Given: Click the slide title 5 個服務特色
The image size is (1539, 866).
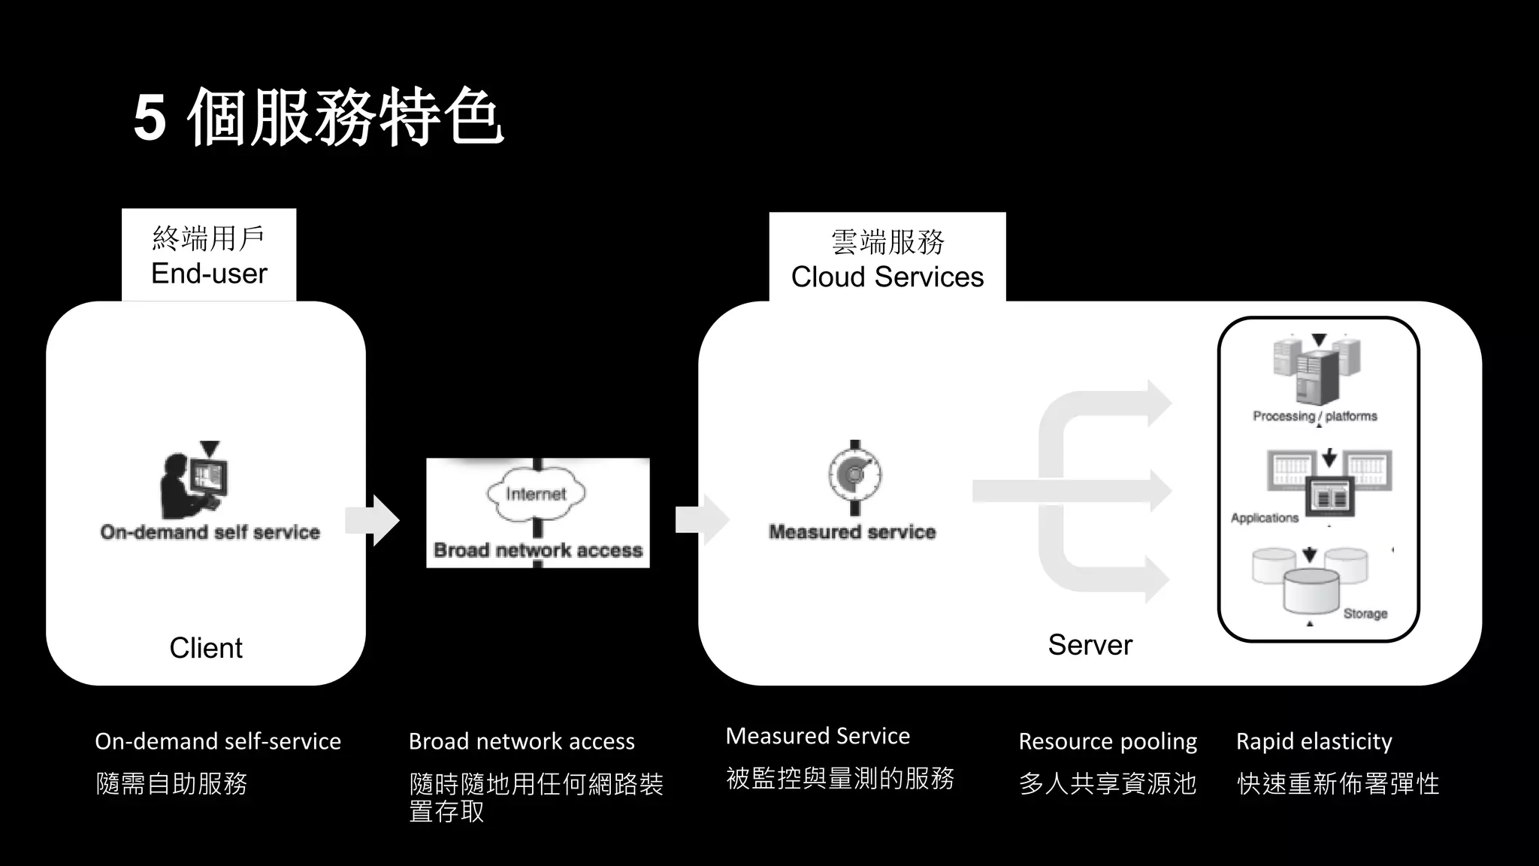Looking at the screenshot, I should [318, 118].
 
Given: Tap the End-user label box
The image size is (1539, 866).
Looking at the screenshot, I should [209, 256].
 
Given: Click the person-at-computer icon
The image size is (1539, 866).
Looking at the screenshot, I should [193, 481].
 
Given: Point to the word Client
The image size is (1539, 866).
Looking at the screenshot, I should [206, 647].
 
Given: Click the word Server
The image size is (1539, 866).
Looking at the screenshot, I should [1090, 644].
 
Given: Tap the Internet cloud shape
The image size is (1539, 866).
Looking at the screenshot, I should [536, 494].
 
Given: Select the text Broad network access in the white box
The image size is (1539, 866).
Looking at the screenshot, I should [538, 550].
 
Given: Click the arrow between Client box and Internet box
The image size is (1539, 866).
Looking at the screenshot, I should [373, 519].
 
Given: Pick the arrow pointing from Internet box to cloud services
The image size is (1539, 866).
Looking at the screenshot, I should [702, 519].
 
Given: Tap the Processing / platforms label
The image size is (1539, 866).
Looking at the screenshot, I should [1314, 416].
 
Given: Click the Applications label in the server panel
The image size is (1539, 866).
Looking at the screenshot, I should [1265, 518].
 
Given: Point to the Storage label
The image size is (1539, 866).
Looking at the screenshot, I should [1365, 613].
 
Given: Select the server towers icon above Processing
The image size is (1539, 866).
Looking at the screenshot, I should [1317, 370].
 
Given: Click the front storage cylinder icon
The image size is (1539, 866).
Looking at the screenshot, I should [1311, 591].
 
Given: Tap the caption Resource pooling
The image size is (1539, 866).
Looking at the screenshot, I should [1108, 741].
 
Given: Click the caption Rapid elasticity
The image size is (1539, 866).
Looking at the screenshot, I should [1314, 741].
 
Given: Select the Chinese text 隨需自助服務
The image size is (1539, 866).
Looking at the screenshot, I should [171, 783].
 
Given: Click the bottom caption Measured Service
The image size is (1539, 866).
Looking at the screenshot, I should [818, 736].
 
